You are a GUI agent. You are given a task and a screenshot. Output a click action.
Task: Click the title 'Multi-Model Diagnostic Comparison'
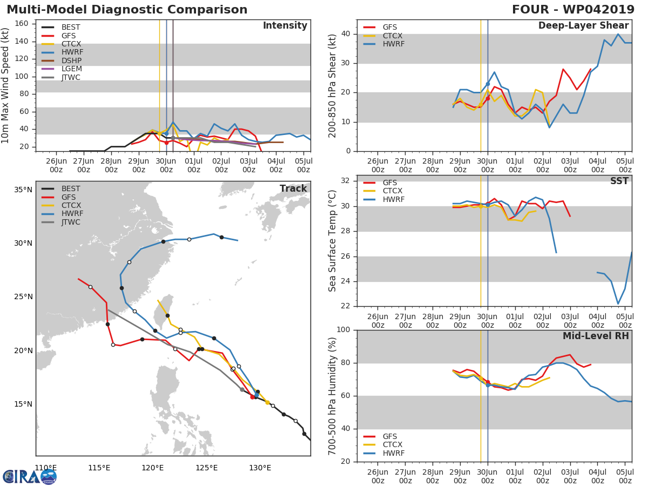(127, 10)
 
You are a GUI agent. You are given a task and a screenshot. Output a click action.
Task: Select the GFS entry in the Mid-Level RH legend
(390, 436)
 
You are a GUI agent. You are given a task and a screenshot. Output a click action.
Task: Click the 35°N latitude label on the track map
(23, 190)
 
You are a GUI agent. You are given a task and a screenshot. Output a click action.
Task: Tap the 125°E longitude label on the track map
(206, 468)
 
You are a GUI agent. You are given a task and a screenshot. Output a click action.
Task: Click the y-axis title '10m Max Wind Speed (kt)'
(6, 85)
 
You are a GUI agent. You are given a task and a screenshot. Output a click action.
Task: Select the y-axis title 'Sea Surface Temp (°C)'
(333, 241)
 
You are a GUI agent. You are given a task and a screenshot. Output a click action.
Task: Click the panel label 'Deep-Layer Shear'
(583, 26)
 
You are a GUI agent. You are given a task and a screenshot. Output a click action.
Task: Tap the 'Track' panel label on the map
(293, 188)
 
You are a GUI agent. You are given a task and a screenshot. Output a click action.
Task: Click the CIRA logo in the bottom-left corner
(30, 476)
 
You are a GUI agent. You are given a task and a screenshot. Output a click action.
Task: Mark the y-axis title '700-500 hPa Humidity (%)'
(333, 396)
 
